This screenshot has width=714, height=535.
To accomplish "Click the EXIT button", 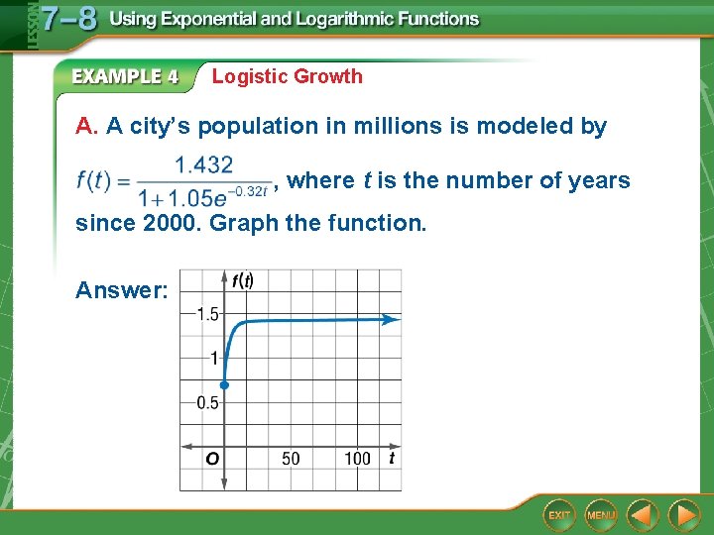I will coord(560,515).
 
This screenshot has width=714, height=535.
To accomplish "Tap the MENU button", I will coord(601,515).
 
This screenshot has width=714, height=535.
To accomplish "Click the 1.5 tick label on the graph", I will coord(207,314).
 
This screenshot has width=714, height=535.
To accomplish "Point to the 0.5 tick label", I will coord(206,402).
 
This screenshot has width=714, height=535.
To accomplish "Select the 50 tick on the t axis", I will coord(291,458).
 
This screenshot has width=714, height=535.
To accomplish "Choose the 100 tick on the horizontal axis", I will coord(357,458).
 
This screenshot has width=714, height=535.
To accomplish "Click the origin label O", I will coord(211,459).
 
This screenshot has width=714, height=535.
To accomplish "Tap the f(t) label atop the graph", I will coord(243,280).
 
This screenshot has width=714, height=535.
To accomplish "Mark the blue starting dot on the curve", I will coord(225,384).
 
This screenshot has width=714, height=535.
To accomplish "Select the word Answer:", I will coord(122,290).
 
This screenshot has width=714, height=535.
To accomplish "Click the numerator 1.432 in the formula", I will coord(203,164).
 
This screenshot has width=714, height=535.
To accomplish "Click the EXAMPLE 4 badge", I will coord(125,76).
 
